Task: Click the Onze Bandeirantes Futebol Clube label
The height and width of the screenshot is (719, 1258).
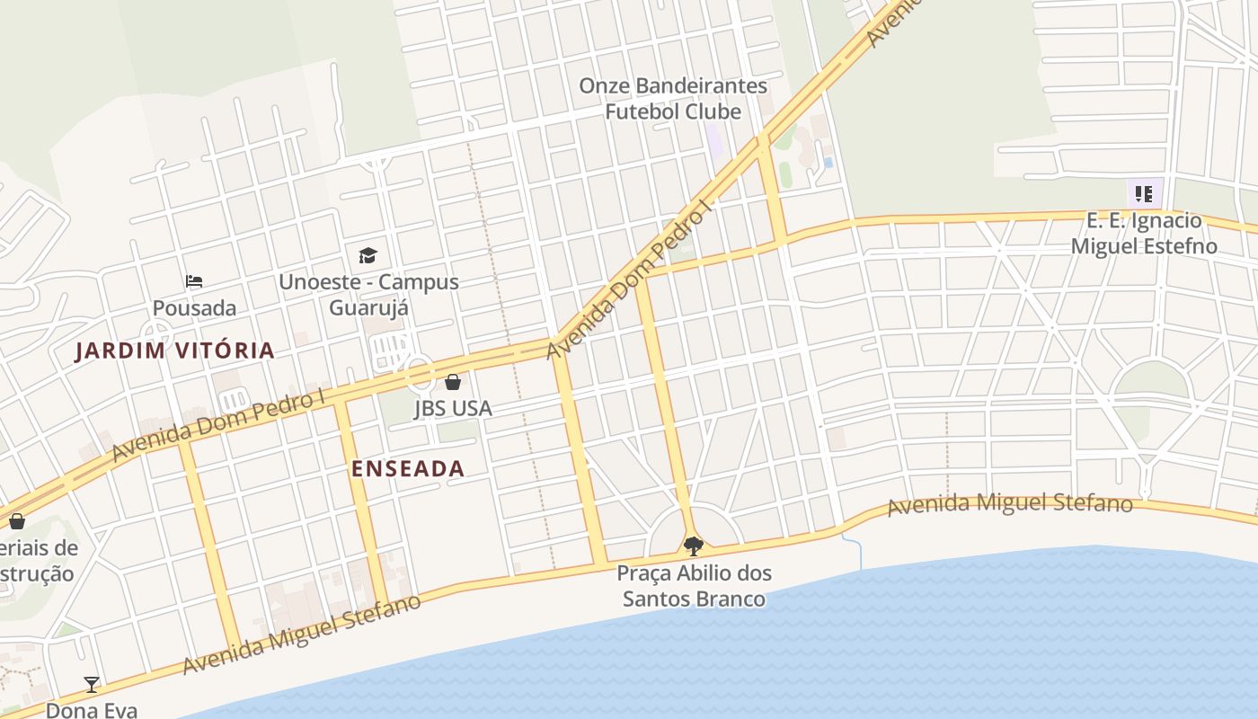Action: [x=673, y=99]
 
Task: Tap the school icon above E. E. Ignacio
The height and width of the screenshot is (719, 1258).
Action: [x=1144, y=194]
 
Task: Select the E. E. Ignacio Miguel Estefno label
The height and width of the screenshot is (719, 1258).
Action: [x=1144, y=234]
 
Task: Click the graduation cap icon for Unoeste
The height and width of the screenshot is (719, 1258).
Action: [x=368, y=256]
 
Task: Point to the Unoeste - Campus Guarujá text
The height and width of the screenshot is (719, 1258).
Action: [x=368, y=295]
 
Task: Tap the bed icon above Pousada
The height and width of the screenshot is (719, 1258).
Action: [x=194, y=281]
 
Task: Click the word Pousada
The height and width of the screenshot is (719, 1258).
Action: [x=194, y=308]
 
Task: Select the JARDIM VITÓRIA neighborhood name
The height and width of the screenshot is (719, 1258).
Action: [x=174, y=351]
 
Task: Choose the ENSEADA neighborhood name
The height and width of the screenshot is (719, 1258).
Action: [x=408, y=468]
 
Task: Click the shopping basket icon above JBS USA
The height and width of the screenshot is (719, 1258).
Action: [x=453, y=382]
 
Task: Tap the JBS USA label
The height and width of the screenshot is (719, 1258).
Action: [x=453, y=409]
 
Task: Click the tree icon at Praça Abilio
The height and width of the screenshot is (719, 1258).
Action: [x=693, y=546]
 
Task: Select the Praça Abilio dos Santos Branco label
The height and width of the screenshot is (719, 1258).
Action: [x=695, y=586]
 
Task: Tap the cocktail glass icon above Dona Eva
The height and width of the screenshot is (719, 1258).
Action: [x=92, y=685]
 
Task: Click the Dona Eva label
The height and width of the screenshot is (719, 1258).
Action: [x=92, y=710]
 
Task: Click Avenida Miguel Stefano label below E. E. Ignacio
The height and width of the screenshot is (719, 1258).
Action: [x=1009, y=504]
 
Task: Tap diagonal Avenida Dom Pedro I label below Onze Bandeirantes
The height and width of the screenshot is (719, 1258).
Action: [x=628, y=280]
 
